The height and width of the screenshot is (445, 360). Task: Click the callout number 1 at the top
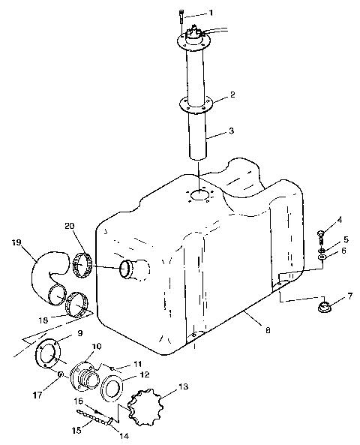211,13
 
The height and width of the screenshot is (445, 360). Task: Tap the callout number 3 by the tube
231,131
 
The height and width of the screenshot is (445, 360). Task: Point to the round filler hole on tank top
199,195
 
